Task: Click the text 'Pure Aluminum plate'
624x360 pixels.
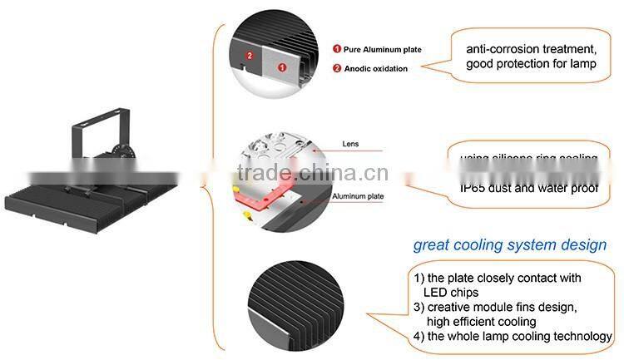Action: [x=382, y=50]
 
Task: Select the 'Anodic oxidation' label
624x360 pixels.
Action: [x=375, y=68]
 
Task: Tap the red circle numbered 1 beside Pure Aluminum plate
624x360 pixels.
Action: [x=337, y=50]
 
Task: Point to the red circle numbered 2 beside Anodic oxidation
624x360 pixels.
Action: [x=337, y=68]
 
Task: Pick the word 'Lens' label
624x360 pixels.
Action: [x=351, y=144]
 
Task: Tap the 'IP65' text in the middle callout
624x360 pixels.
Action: [x=474, y=189]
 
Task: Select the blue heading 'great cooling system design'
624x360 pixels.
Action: [x=511, y=245]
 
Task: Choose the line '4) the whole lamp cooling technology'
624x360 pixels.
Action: [x=512, y=336]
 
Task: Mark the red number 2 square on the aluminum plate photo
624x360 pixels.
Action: [x=249, y=55]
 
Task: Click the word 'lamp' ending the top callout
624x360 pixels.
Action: [x=581, y=63]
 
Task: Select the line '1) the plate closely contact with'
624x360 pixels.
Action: [x=497, y=278]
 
